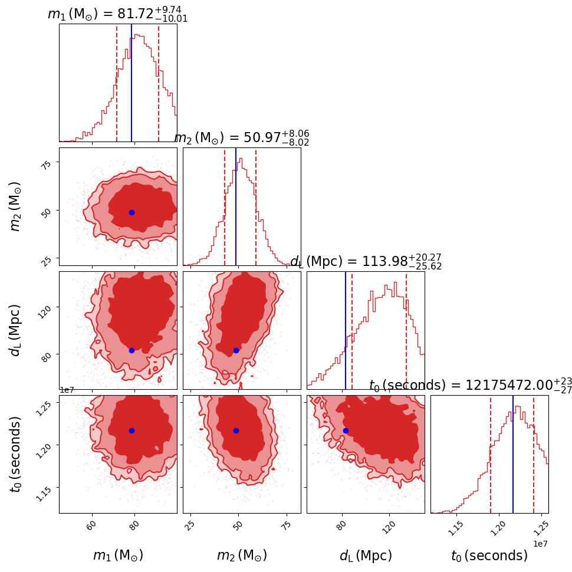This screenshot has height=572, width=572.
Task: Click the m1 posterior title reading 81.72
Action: pyautogui.click(x=117, y=14)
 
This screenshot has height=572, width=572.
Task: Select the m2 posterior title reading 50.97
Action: pyautogui.click(x=241, y=138)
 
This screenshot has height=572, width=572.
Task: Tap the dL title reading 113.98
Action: pyautogui.click(x=366, y=262)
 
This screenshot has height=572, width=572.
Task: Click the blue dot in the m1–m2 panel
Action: pyautogui.click(x=132, y=212)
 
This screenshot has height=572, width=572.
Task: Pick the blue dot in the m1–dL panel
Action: pyautogui.click(x=132, y=350)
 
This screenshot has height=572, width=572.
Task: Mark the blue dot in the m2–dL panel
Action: pyautogui.click(x=236, y=350)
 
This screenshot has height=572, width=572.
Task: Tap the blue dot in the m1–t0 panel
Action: pyautogui.click(x=132, y=430)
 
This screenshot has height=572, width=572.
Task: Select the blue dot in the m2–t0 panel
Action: pyautogui.click(x=236, y=430)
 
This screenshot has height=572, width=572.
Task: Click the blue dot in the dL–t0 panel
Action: pyautogui.click(x=346, y=430)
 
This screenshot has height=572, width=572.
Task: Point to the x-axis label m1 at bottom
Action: pyautogui.click(x=118, y=555)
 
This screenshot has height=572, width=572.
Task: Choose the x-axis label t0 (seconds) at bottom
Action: pyautogui.click(x=489, y=555)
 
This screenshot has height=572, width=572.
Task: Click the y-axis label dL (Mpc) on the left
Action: pyautogui.click(x=16, y=330)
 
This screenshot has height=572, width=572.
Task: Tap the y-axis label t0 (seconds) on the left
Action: pyautogui.click(x=16, y=454)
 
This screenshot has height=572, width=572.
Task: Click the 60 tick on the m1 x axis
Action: pyautogui.click(x=92, y=525)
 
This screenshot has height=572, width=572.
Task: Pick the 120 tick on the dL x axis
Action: pyautogui.click(x=389, y=525)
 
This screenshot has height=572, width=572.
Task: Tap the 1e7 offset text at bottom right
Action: pyautogui.click(x=540, y=543)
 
